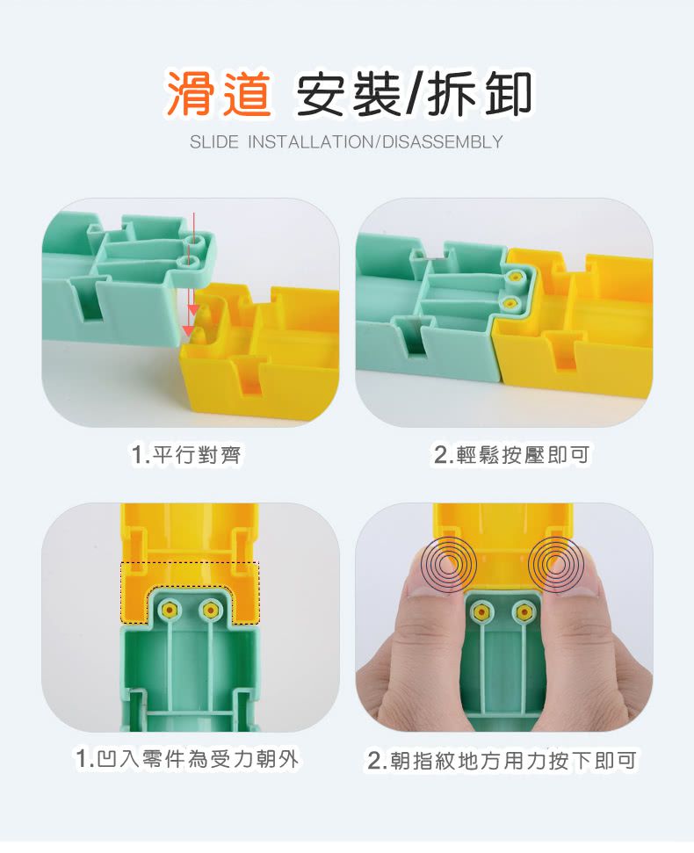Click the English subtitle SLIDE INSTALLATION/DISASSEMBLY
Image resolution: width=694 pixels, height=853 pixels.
coord(346,142)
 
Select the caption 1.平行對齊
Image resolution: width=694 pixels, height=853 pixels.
coord(186,454)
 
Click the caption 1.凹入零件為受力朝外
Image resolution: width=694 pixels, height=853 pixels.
coord(187,758)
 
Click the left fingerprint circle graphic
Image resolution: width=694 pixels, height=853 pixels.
coord(448,562)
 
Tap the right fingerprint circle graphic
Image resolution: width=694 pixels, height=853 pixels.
coord(556,562)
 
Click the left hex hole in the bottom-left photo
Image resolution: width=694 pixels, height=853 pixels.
coord(168,610)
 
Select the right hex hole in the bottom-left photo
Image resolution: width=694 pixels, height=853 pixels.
coord(210,610)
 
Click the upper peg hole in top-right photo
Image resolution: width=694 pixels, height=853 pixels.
coord(515,276)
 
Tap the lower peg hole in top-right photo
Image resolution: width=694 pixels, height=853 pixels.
coord(508,303)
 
